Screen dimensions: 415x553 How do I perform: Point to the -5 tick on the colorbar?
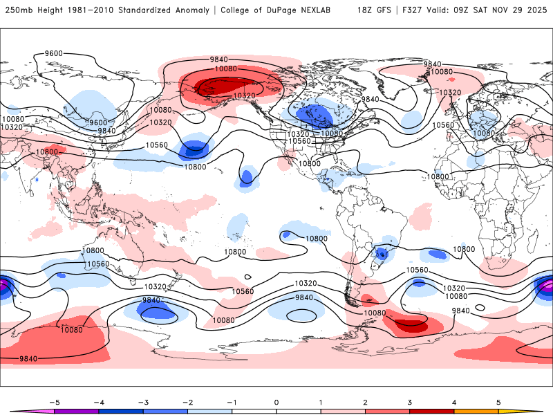53,401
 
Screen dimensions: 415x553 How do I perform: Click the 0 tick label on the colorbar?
276,401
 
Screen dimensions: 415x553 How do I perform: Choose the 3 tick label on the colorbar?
409,401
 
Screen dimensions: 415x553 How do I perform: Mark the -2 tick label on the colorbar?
187,401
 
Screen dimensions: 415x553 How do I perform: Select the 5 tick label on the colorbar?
498,401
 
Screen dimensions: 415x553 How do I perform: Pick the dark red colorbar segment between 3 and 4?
431,411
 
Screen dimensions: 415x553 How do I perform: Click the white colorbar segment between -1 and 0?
254,411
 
